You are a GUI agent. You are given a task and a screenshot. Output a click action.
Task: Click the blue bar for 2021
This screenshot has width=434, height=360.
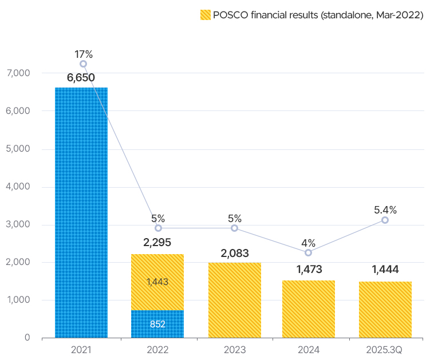[x=81, y=212]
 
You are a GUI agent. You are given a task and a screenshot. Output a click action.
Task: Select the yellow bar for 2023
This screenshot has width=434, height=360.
[x=235, y=300]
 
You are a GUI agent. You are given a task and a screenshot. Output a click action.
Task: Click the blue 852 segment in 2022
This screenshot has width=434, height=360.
[x=157, y=324]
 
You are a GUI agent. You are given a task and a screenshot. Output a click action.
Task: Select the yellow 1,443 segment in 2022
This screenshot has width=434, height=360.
[x=157, y=282]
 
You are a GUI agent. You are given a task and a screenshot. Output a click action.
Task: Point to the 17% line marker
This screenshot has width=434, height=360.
[x=84, y=64]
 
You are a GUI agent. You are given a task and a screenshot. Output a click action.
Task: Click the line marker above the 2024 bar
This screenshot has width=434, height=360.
[x=309, y=252]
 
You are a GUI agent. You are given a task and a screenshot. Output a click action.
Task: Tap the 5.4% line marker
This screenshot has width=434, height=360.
[x=385, y=220]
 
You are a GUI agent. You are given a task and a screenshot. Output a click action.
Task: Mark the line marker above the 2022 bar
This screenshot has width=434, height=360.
[x=158, y=228]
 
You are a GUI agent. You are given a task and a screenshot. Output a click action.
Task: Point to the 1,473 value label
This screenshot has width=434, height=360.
[x=309, y=268]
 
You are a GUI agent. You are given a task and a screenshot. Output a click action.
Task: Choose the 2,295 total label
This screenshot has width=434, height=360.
[x=157, y=242]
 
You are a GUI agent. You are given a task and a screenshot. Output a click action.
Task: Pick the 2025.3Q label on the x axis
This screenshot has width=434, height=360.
[x=384, y=349]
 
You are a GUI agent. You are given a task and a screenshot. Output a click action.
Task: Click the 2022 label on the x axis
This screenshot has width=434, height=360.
[x=157, y=349]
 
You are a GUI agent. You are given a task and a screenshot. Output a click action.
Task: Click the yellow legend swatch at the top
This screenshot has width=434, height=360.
[x=205, y=15]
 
